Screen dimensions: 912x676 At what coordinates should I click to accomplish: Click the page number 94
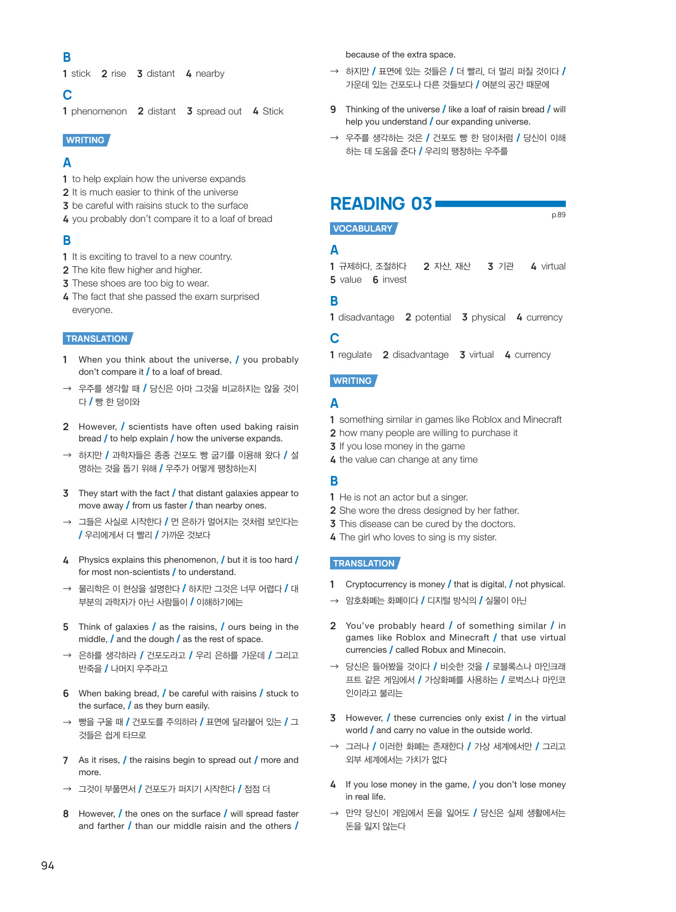click(x=47, y=865)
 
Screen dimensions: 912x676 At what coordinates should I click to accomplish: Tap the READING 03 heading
click(x=381, y=204)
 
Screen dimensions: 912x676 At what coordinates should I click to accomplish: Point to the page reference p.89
click(x=558, y=215)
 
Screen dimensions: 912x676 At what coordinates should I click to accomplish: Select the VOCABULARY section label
click(x=363, y=228)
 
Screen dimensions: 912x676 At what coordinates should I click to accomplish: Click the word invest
click(x=394, y=280)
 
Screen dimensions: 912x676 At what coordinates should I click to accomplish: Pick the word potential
click(x=433, y=317)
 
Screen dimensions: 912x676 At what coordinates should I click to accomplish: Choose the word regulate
click(x=355, y=355)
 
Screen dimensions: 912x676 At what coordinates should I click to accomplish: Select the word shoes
click(x=113, y=283)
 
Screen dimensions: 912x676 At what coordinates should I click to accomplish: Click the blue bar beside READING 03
click(x=500, y=204)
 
